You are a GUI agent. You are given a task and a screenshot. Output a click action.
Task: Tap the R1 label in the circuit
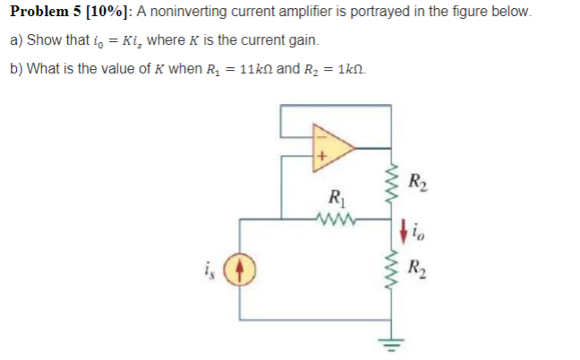[337, 198]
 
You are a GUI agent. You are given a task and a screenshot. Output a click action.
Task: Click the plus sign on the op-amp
[320, 159]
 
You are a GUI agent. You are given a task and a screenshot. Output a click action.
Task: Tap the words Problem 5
[45, 13]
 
